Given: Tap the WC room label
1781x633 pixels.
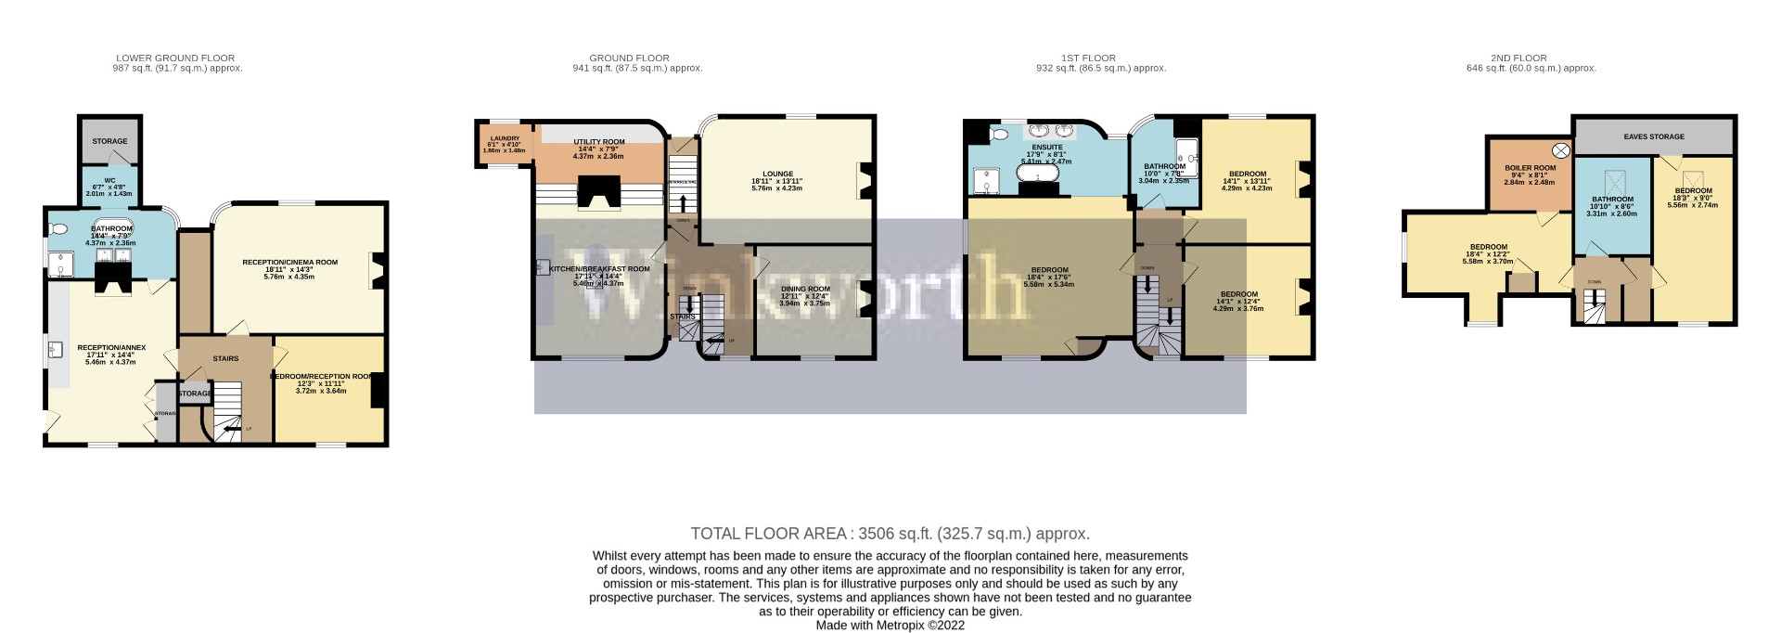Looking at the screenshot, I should (109, 180).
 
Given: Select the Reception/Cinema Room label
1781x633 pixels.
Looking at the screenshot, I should (289, 263).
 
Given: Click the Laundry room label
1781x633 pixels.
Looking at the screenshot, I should (505, 138).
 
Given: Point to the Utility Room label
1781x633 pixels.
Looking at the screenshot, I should (598, 142).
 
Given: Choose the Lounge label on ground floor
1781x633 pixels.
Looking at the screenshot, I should (777, 174).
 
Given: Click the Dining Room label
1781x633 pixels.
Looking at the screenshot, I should (804, 289).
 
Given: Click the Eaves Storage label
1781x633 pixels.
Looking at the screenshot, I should (1653, 136).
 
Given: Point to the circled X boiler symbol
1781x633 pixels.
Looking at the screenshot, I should (1561, 150).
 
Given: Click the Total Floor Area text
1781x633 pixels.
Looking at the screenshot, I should (890, 534).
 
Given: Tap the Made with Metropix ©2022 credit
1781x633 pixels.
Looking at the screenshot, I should (890, 626).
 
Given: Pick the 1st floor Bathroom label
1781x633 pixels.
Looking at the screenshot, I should (1163, 166).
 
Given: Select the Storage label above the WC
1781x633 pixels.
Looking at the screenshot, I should (109, 141).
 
